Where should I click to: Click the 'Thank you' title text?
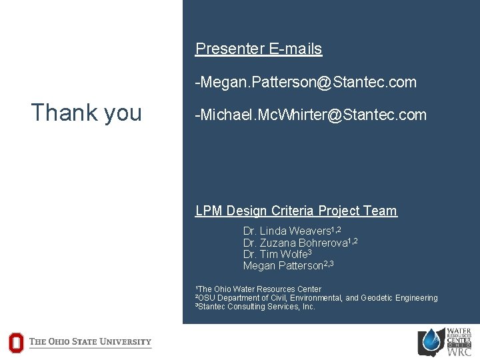[86, 113]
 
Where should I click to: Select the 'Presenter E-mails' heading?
[258, 49]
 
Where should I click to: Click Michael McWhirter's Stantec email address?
[310, 115]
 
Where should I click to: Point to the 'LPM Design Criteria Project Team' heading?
[295, 211]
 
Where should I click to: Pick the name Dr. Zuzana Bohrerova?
[300, 243]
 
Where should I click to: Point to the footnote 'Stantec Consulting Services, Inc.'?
[256, 307]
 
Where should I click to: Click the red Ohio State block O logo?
[15, 343]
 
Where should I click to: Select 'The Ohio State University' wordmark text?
[91, 342]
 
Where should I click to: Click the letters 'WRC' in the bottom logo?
[459, 352]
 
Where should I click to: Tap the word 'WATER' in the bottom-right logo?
[459, 331]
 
